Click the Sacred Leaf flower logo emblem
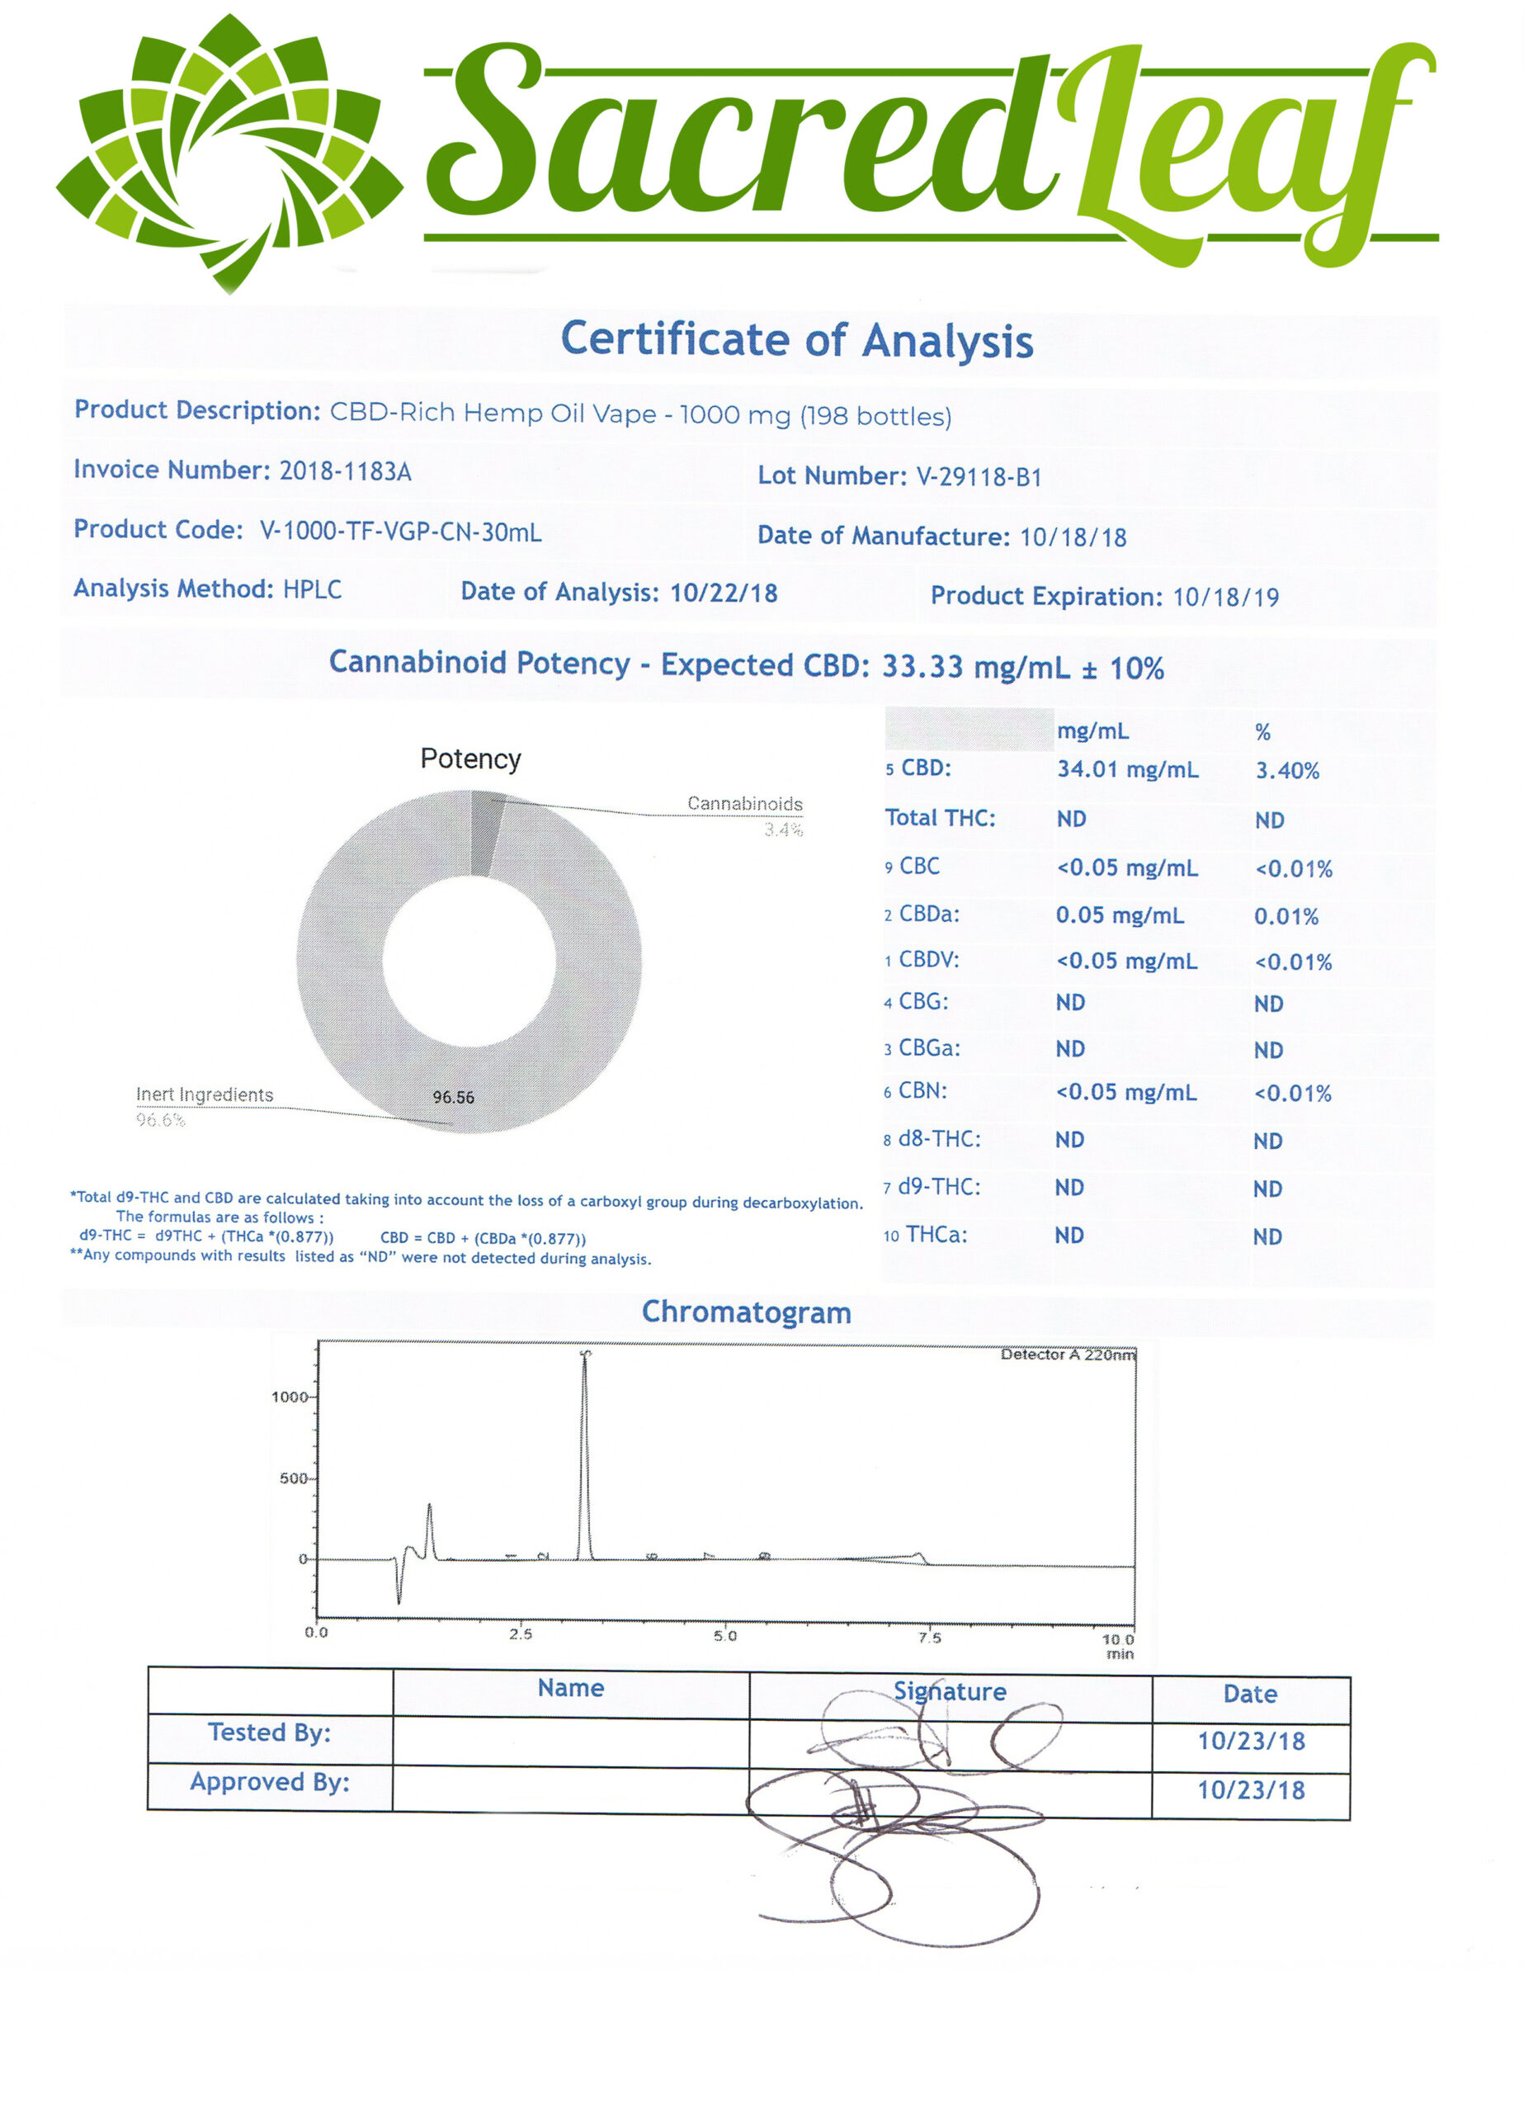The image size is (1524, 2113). [x=229, y=154]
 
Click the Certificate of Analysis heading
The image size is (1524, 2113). [x=796, y=339]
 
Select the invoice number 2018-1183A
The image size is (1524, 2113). [x=345, y=470]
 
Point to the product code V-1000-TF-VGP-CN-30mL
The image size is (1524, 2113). [x=399, y=532]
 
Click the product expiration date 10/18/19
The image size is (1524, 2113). [x=1225, y=598]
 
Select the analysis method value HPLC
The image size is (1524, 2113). [x=312, y=589]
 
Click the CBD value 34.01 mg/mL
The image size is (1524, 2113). [x=1127, y=769]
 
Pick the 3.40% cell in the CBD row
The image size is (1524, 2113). [x=1286, y=770]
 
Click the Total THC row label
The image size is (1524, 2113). [x=939, y=818]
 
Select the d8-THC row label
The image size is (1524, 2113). [x=938, y=1139]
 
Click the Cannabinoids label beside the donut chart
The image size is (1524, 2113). [x=744, y=803]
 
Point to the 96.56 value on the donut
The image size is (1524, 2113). [x=453, y=1098]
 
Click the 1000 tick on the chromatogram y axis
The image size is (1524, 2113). [x=289, y=1397]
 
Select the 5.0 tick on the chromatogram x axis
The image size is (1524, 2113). [x=724, y=1636]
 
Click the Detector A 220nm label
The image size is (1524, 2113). [x=1068, y=1354]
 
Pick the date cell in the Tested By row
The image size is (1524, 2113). [x=1250, y=1742]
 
